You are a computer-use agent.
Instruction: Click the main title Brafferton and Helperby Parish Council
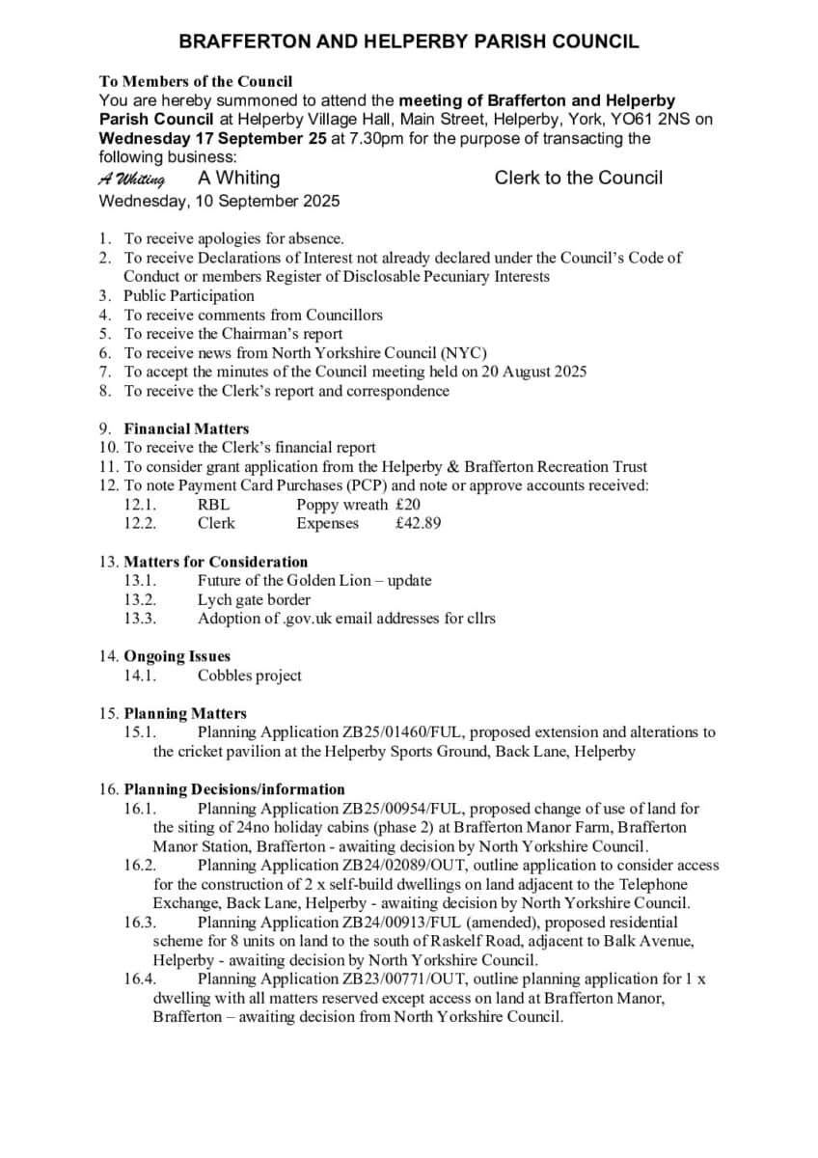(409, 41)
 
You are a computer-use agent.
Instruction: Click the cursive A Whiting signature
(131, 179)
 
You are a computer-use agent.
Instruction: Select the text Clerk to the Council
(578, 178)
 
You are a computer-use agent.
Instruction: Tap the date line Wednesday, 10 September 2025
(219, 202)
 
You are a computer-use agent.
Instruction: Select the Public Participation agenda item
(189, 295)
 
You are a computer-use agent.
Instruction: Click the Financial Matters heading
(186, 428)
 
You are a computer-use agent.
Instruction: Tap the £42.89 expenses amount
(419, 523)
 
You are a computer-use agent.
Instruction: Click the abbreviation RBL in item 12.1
(213, 504)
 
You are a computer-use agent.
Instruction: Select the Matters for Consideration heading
(216, 562)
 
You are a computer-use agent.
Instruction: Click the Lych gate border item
(255, 599)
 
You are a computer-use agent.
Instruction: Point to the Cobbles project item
(250, 675)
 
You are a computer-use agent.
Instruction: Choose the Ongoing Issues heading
(177, 656)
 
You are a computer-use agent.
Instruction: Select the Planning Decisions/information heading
(234, 789)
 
